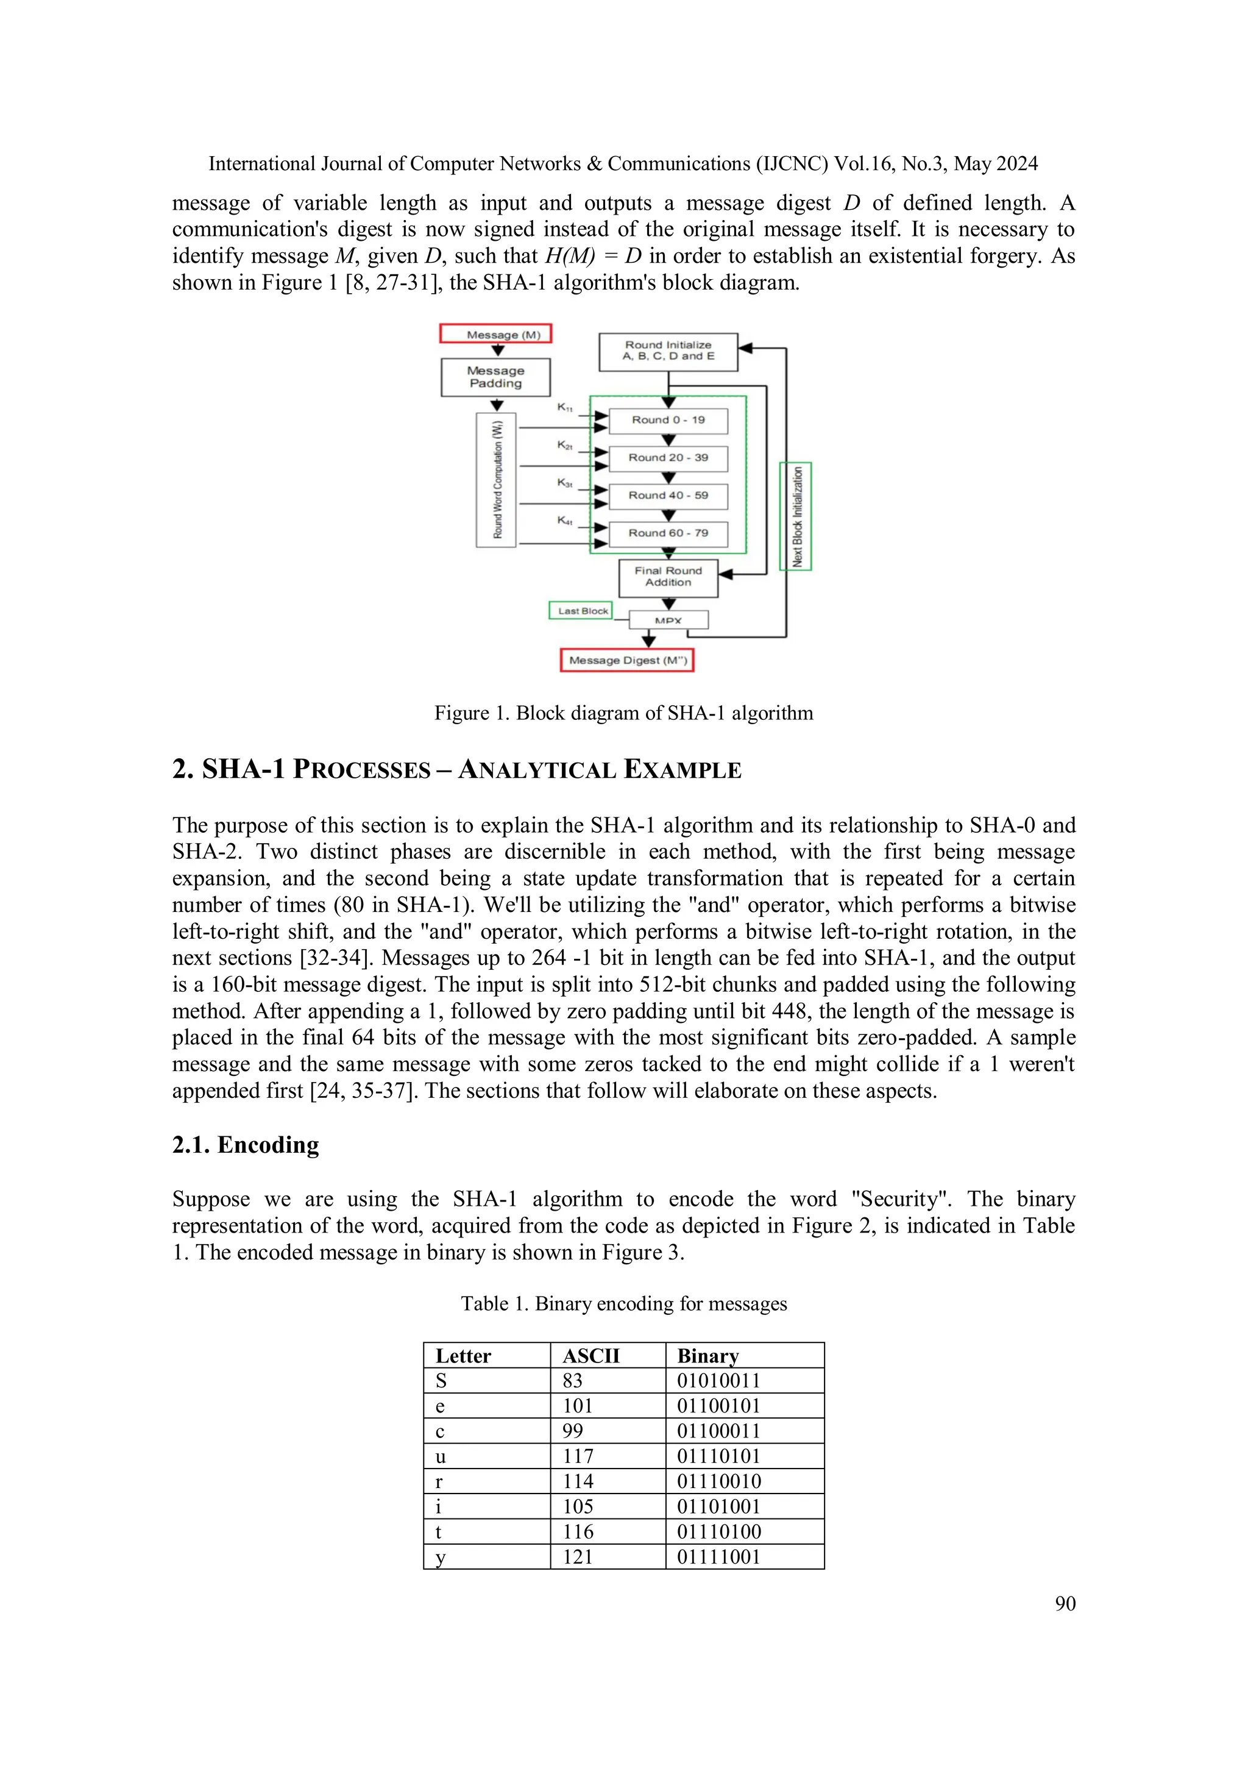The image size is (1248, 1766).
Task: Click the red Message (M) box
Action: click(495, 334)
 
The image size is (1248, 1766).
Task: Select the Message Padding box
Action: click(495, 377)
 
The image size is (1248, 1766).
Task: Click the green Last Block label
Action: click(581, 611)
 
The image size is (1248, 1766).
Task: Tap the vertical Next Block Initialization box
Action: click(796, 516)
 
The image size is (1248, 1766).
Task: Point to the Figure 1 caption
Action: click(623, 713)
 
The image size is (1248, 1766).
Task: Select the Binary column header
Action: click(707, 1356)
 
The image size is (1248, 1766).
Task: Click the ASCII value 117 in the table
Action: click(578, 1456)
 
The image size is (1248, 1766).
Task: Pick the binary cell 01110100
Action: click(718, 1531)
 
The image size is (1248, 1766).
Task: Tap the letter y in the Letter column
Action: click(441, 1557)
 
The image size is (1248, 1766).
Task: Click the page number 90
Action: click(1065, 1603)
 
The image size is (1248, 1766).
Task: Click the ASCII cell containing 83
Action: click(572, 1381)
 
